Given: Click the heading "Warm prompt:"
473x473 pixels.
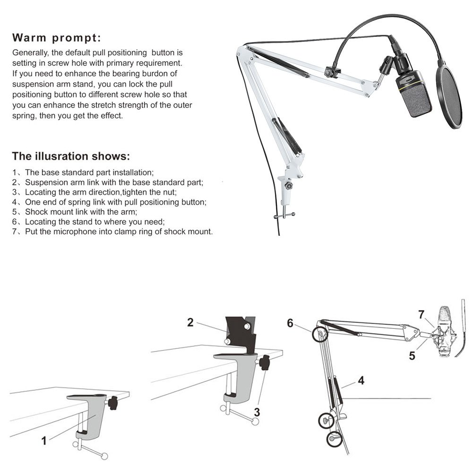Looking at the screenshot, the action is pos(56,38).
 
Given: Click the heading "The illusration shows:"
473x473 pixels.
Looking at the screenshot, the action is pos(71,156).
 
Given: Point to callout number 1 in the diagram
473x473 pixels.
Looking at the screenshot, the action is pos(44,441).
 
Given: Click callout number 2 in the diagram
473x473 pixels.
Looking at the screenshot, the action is pos(190,322).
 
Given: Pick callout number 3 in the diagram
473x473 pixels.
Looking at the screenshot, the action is pos(257,412).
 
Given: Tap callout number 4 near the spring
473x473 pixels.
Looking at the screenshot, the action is pos(361,380).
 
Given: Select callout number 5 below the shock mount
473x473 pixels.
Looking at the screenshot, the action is pos(412,356).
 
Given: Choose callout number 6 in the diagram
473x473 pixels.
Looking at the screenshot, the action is pos(290,323).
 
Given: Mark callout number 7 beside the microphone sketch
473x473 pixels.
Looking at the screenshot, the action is pos(421,315).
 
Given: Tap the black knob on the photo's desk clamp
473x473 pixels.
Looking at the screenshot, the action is pos(289,185).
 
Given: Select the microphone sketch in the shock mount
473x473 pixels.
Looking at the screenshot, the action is pos(443,332).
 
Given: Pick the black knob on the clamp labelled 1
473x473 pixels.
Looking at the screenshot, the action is pos(113,403).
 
